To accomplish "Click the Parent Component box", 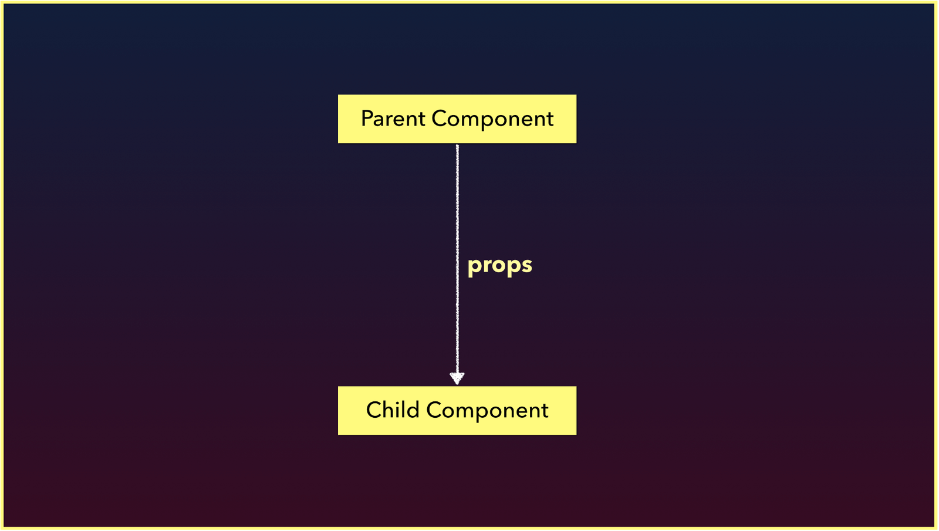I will point(457,119).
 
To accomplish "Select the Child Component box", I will point(457,410).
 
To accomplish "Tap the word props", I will point(499,265).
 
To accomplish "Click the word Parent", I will point(393,119).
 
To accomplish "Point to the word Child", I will point(393,410).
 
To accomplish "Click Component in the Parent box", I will point(492,119).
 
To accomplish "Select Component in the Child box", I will point(487,411).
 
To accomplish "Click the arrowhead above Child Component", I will point(457,378).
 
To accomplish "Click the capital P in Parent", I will point(367,119).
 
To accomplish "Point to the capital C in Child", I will point(374,410).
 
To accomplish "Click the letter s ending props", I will point(526,265).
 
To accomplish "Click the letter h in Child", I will point(390,410).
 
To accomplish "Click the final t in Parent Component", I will point(550,119).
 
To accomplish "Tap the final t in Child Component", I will point(545,411).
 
